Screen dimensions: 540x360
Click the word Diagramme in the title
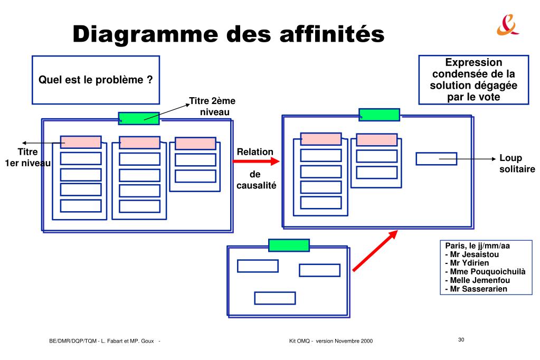pos(145,34)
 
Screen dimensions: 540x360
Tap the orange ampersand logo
pos(507,25)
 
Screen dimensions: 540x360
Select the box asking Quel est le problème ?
pos(96,80)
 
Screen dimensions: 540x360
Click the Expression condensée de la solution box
pos(473,80)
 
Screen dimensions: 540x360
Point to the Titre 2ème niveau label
pos(213,107)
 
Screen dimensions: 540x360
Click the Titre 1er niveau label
pos(27,157)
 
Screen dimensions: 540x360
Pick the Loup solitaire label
pos(517,163)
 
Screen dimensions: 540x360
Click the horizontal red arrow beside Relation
pos(256,161)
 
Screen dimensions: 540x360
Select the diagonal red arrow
pos(375,251)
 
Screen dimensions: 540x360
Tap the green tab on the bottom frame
pos(289,245)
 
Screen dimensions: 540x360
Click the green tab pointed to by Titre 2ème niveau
pos(139,118)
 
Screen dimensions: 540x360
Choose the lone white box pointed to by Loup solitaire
pos(437,159)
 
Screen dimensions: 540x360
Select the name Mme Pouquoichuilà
pos(485,272)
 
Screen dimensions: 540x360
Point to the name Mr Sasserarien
pos(476,289)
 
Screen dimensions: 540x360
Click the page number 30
pos(461,339)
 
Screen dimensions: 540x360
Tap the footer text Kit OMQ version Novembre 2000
pos(331,341)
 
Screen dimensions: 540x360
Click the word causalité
pos(257,185)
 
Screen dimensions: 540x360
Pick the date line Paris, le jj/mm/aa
pos(477,246)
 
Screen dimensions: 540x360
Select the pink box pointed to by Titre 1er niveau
pos(81,142)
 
